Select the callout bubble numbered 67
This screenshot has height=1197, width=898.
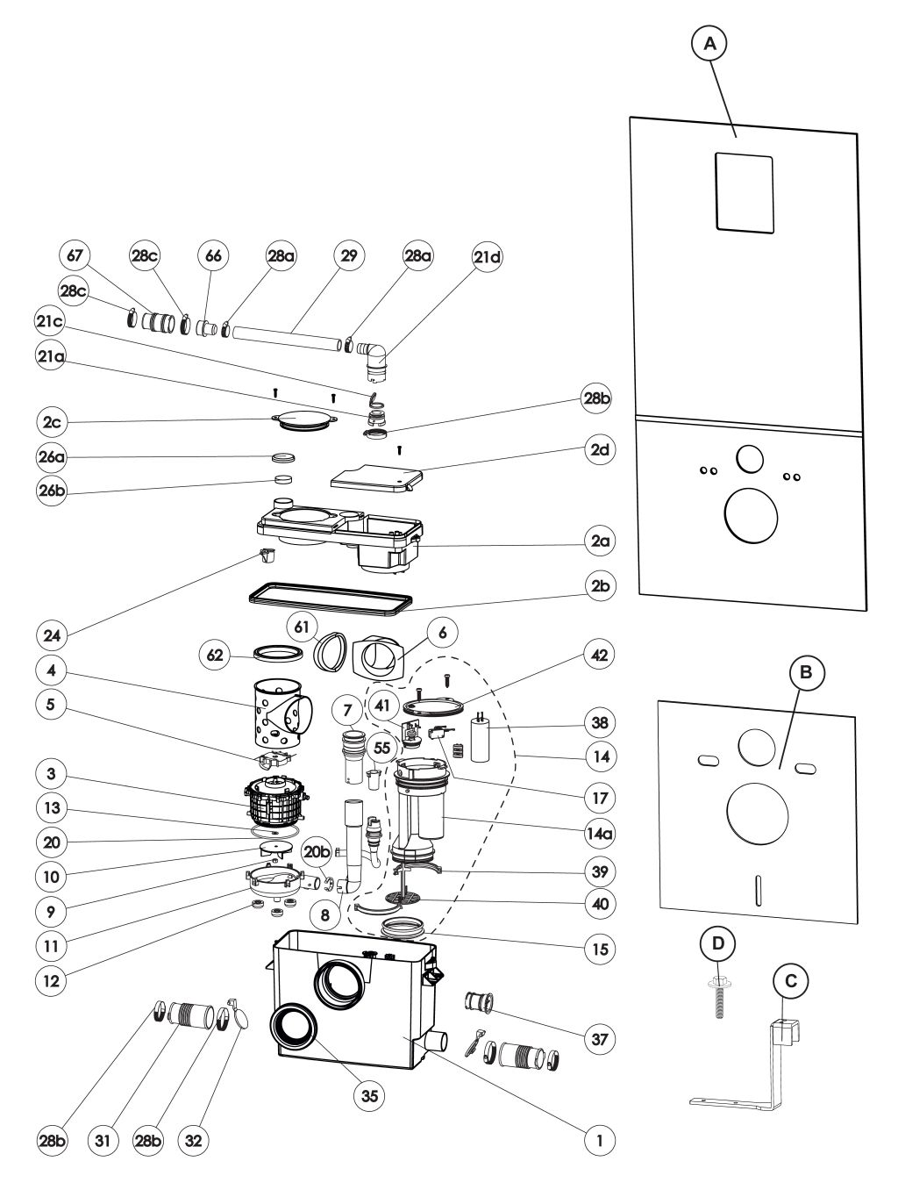pyautogui.click(x=75, y=255)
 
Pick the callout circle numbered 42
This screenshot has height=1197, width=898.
pyautogui.click(x=600, y=655)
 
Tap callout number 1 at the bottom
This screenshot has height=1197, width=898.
pyautogui.click(x=600, y=1141)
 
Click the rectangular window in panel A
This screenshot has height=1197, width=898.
pyautogui.click(x=744, y=194)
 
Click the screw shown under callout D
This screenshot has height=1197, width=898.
pyautogui.click(x=717, y=995)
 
